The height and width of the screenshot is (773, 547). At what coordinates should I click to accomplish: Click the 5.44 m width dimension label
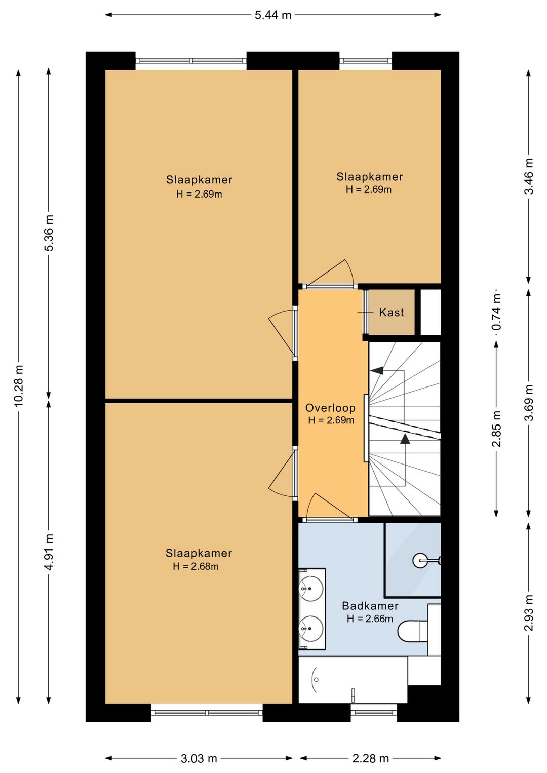point(273,15)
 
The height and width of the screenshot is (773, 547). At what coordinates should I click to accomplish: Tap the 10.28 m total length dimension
point(19,385)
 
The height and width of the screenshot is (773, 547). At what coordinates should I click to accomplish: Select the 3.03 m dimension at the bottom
point(199,758)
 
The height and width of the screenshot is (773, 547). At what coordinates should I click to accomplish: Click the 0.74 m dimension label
point(496,313)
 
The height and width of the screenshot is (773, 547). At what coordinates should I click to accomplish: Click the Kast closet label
point(392,313)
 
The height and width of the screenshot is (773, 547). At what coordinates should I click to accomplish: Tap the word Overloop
point(330,408)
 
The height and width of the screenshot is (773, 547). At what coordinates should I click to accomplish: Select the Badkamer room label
point(370,606)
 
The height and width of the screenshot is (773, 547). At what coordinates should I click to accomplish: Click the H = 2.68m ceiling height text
point(196,566)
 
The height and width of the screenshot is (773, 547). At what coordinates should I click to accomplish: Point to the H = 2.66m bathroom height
point(370,619)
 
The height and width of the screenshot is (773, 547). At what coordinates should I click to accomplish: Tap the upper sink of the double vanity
point(311,589)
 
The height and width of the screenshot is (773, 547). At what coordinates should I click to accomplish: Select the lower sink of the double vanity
point(311,629)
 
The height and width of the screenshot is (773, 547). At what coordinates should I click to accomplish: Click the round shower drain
point(420,560)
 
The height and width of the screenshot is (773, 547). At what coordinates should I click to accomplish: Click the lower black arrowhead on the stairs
point(405,439)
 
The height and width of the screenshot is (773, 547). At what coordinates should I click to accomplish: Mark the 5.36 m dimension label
point(49,233)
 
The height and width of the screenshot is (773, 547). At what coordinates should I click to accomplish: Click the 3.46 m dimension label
point(529,176)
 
